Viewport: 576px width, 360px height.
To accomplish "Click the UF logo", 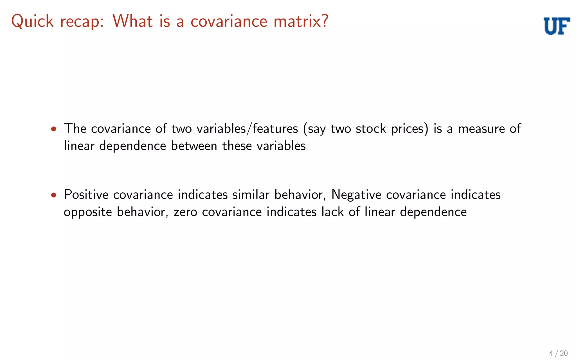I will coord(557,26).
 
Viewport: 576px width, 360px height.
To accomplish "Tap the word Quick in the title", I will coord(32,21).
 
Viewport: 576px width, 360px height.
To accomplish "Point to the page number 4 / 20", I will coord(558,353).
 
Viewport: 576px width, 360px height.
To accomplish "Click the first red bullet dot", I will coord(54,129).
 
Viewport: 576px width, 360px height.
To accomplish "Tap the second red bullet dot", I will coord(54,195).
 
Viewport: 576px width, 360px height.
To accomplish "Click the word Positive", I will coord(86,195).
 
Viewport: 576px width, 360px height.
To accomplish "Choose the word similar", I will coord(251,195).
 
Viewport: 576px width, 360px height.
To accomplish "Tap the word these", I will coord(237,146).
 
